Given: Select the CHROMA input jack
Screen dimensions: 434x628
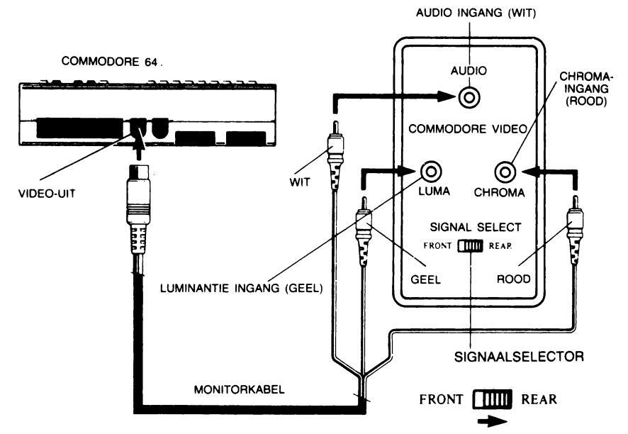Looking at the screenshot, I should pyautogui.click(x=504, y=171).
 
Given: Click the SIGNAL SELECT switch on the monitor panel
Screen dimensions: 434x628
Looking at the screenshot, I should pyautogui.click(x=470, y=246).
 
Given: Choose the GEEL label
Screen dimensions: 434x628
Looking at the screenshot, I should pyautogui.click(x=426, y=279).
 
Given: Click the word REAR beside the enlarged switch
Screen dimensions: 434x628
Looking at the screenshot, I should pyautogui.click(x=539, y=399).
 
